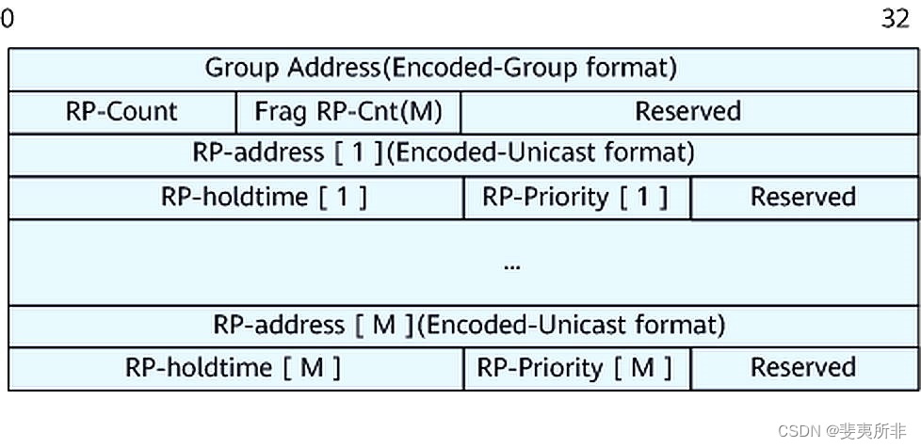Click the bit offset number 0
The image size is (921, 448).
click(8, 19)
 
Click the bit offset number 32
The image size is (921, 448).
click(895, 19)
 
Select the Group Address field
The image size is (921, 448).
click(441, 68)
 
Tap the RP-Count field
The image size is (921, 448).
click(121, 112)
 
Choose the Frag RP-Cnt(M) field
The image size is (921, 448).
click(347, 112)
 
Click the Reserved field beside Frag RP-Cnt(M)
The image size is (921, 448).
click(687, 112)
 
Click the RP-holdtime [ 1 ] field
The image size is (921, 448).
click(264, 197)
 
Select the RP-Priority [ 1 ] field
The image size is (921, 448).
click(575, 197)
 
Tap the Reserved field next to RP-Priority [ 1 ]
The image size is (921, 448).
click(802, 197)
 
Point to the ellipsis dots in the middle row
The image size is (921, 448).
click(512, 266)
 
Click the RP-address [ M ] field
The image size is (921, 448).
click(468, 326)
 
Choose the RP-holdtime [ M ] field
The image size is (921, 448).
click(234, 368)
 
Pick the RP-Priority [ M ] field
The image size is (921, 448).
click(574, 368)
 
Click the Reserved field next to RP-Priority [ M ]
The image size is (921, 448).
click(802, 368)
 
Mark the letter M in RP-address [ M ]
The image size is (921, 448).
click(384, 326)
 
